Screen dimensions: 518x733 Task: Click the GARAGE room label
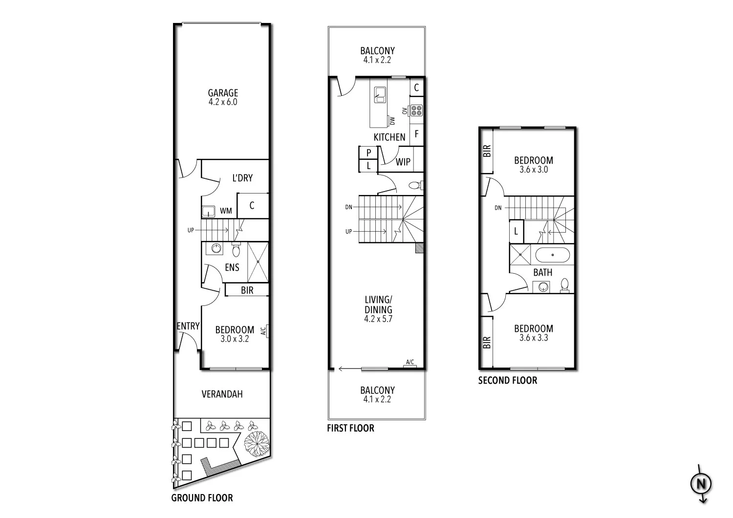tap(223, 93)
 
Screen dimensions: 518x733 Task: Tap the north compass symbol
tap(701, 484)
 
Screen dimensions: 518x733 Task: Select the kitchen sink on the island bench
tap(380, 94)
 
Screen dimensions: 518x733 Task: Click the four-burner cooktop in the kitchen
tap(416, 110)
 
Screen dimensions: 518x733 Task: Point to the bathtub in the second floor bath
tap(552, 255)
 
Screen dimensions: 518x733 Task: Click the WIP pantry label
tap(403, 162)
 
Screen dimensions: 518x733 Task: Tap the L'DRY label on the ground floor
tap(242, 178)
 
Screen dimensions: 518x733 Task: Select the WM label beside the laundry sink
tap(226, 211)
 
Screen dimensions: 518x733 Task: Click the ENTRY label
tap(188, 326)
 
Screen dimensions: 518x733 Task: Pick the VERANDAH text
tap(222, 394)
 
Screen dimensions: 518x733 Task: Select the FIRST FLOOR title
tap(350, 429)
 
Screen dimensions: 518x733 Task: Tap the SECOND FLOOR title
tap(507, 381)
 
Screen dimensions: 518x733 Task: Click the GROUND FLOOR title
tap(202, 498)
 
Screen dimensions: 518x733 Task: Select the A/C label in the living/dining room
tap(410, 362)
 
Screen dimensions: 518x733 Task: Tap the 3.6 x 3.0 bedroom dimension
tap(533, 170)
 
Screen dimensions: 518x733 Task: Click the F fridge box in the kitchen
tap(417, 133)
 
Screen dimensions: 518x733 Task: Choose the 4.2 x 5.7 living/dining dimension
tap(378, 319)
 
